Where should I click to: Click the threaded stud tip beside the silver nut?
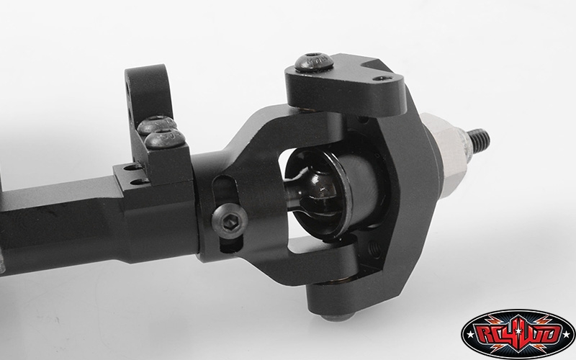point(479,140)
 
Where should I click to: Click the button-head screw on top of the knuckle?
point(314,62)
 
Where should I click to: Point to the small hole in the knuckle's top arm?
point(382,78)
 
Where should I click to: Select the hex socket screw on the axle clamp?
point(230,220)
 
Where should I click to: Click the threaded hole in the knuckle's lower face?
point(374,251)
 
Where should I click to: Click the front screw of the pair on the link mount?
point(166,138)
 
